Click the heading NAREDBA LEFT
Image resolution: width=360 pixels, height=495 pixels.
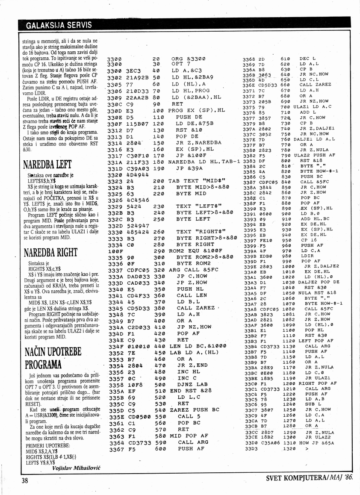click(x=47, y=165)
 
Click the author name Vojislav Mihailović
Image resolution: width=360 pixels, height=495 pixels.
click(x=76, y=468)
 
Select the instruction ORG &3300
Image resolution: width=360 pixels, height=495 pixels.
click(x=188, y=58)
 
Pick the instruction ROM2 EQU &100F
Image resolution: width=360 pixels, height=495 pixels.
click(x=195, y=250)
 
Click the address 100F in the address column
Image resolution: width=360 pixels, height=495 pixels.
click(x=114, y=250)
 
